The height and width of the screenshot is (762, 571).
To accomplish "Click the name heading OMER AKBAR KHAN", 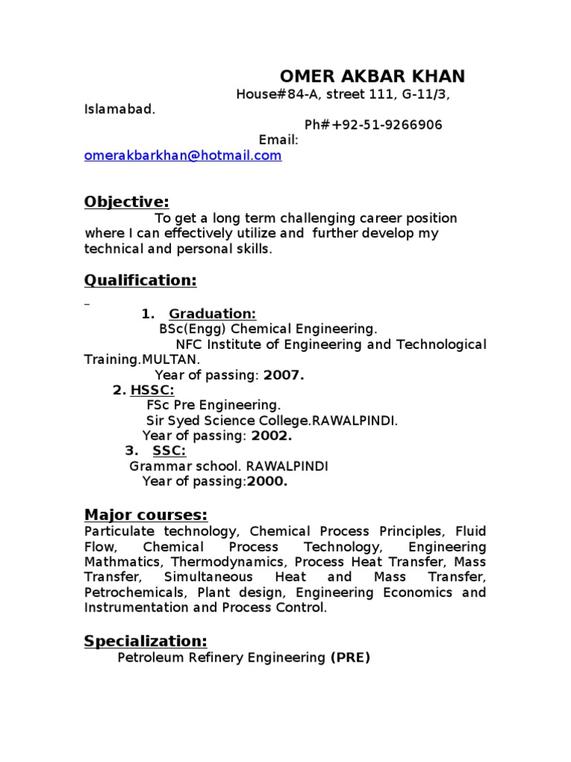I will pyautogui.click(x=372, y=76).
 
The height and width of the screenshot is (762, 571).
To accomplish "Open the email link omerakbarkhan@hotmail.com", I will pyautogui.click(x=183, y=156).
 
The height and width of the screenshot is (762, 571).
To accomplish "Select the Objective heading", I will pyautogui.click(x=126, y=202).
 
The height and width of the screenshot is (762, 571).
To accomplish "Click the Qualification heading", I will pyautogui.click(x=141, y=280).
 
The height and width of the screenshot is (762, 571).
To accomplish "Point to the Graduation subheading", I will pyautogui.click(x=212, y=314).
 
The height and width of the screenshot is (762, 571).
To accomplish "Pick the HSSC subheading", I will pyautogui.click(x=152, y=390).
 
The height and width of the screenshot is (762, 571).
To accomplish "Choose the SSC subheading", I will pyautogui.click(x=169, y=451).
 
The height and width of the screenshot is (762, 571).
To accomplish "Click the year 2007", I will pyautogui.click(x=283, y=375).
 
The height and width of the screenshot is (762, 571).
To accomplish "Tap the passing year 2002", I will pyautogui.click(x=271, y=436).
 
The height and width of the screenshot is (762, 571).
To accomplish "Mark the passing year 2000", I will pyautogui.click(x=267, y=481).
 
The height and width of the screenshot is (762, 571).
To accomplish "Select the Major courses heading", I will pyautogui.click(x=146, y=515).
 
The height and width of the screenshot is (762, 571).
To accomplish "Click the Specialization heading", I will pyautogui.click(x=146, y=641).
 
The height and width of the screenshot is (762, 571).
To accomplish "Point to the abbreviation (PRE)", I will pyautogui.click(x=349, y=658).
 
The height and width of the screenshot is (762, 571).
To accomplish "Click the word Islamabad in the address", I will pyautogui.click(x=119, y=109).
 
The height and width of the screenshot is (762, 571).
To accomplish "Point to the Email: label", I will pyautogui.click(x=278, y=140).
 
